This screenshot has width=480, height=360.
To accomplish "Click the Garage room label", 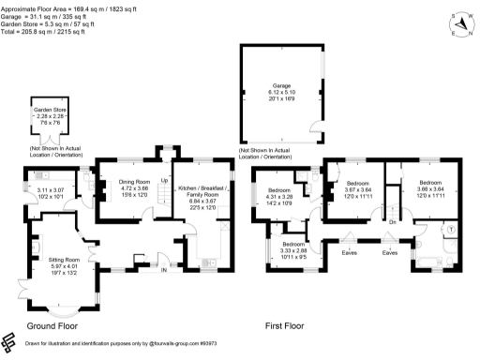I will click(282, 87).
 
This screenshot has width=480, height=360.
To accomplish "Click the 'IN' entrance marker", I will click(163, 270).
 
